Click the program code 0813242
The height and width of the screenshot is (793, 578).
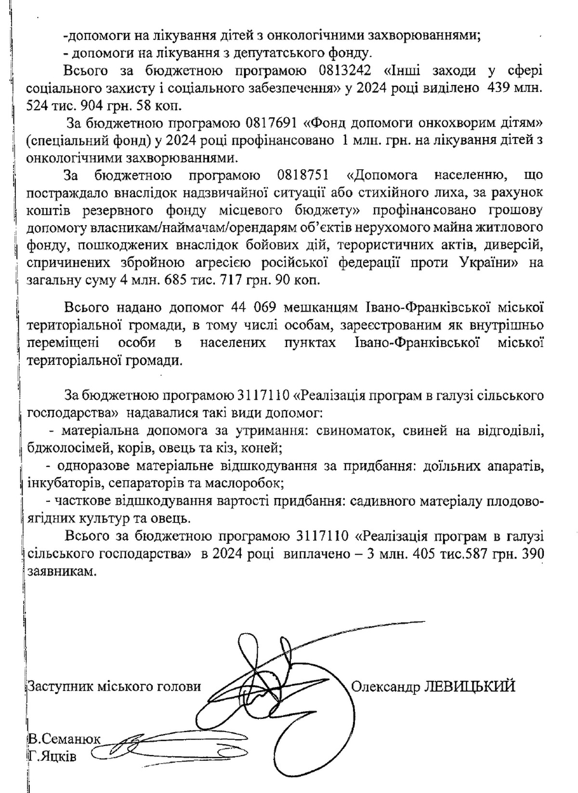pyautogui.click(x=345, y=71)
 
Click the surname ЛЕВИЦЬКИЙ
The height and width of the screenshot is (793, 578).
pyautogui.click(x=469, y=685)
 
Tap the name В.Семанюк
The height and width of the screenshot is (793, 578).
pyautogui.click(x=64, y=739)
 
